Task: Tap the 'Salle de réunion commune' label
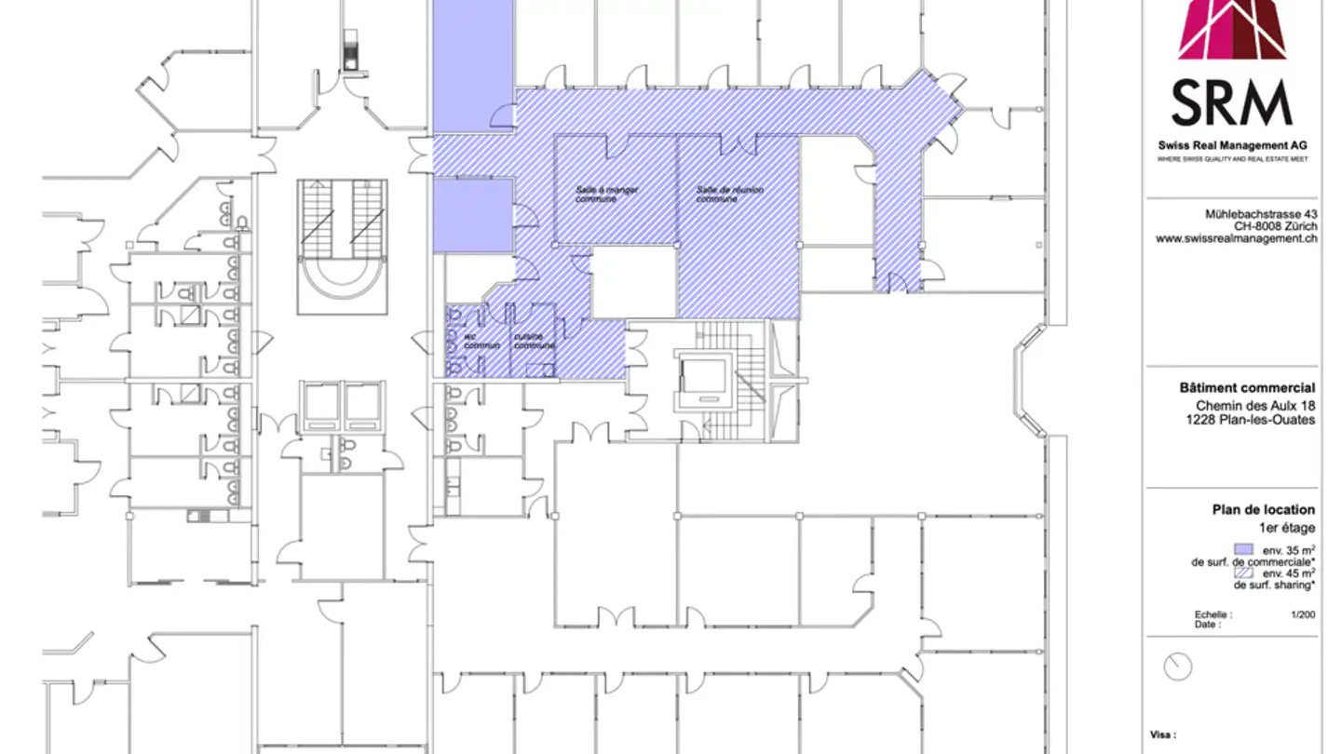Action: [729, 195]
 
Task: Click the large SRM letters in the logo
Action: [1231, 102]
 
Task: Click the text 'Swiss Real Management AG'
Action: [1232, 146]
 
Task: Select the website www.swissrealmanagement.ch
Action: [1237, 238]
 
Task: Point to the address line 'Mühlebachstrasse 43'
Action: [1261, 214]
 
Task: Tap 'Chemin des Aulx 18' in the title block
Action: [1255, 406]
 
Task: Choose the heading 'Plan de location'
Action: [1263, 509]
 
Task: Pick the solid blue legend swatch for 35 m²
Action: [1243, 549]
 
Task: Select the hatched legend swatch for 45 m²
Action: [1243, 573]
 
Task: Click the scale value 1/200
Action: [1303, 614]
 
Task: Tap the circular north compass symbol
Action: [1178, 666]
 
